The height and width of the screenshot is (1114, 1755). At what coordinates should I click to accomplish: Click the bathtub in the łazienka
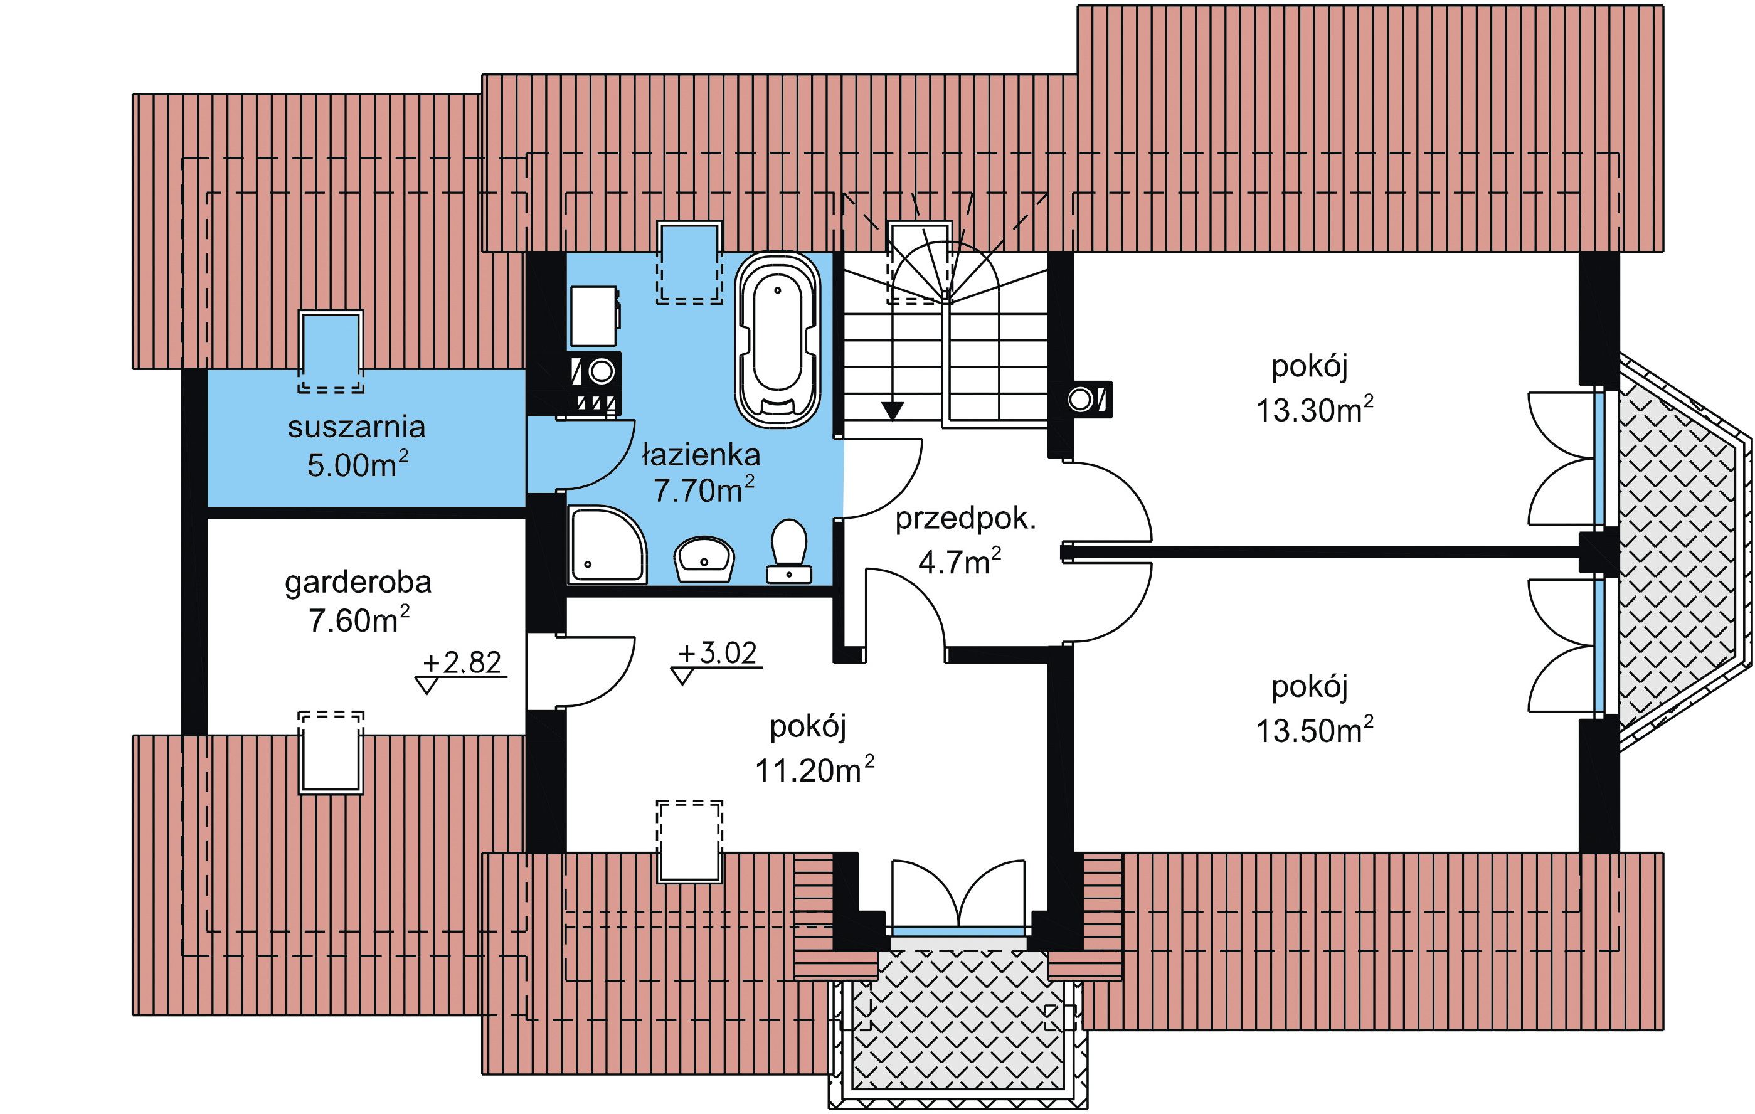coord(778,340)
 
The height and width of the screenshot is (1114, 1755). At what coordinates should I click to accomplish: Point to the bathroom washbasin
coord(704,558)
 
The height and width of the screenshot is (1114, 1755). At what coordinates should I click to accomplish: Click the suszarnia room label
coord(356,427)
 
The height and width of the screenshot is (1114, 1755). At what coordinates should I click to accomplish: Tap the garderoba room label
coord(358,583)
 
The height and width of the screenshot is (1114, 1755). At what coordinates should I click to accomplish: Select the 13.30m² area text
coord(1314,410)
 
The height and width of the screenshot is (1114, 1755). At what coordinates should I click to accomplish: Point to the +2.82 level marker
coord(462,664)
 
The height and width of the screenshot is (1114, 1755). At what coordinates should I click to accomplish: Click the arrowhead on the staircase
coord(892,410)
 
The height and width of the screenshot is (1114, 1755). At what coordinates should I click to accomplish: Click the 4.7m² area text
coord(959,562)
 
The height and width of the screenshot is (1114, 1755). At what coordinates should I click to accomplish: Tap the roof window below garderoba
coord(331,752)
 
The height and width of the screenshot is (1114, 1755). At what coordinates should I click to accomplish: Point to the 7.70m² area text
coord(703,491)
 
